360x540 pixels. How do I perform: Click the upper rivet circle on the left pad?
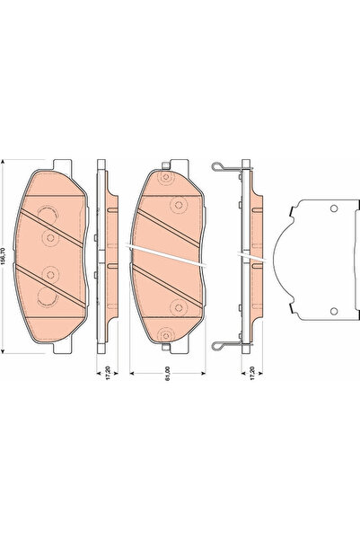pos(49,237)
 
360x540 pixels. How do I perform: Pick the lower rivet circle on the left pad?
pos(49,275)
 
